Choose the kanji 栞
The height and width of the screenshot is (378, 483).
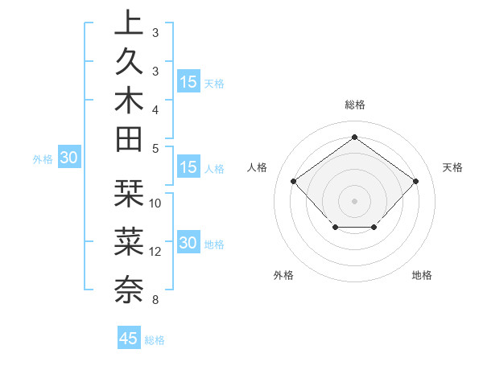pyautogui.click(x=129, y=194)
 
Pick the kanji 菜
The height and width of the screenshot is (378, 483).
pyautogui.click(x=129, y=240)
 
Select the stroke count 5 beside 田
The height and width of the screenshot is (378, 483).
pyautogui.click(x=155, y=148)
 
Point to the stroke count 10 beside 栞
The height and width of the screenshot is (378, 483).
pyautogui.click(x=155, y=203)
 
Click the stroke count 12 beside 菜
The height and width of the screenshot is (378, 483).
pyautogui.click(x=155, y=252)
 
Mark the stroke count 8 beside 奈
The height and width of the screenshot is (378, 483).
pyautogui.click(x=155, y=301)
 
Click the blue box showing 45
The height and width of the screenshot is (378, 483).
pyautogui.click(x=129, y=339)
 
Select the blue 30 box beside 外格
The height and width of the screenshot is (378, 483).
pyautogui.click(x=68, y=158)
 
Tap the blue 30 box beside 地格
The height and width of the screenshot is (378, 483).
pyautogui.click(x=188, y=244)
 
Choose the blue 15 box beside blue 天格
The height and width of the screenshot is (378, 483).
pyautogui.click(x=188, y=82)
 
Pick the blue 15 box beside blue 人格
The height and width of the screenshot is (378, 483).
pyautogui.click(x=188, y=168)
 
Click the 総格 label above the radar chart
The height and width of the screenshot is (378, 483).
pyautogui.click(x=354, y=105)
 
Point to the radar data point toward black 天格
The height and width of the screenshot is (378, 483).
pyautogui.click(x=415, y=181)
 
